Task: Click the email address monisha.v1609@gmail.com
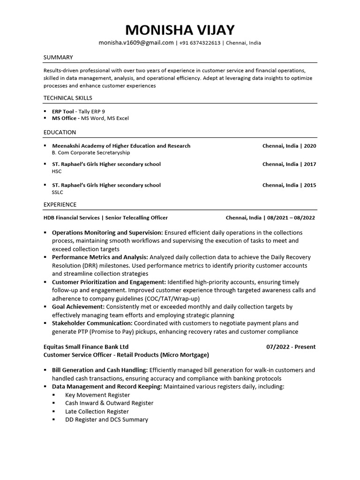pos(136,43)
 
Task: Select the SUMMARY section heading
pos(58,57)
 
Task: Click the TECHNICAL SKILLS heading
pos(68,98)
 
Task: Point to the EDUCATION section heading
pos(60,133)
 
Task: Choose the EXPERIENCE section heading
pos(60,205)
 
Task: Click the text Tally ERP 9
pos(92,112)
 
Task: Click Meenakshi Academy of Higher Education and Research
pos(121,146)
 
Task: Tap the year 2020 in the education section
pos(310,146)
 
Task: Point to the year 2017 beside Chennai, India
pos(310,165)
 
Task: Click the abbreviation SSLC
pos(57,192)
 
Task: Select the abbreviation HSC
pos(57,172)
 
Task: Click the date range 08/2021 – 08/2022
pos(291,218)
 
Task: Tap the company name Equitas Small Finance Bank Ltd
pos(86,347)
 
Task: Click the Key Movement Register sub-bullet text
pos(97,395)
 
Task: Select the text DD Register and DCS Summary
pos(106,420)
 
